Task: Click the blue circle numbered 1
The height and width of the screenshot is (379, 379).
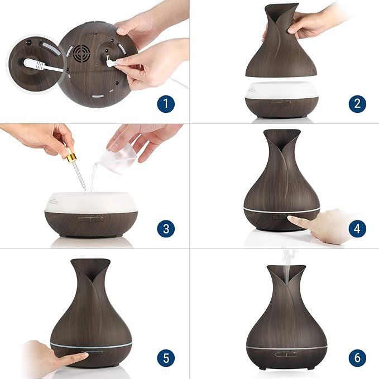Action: (166, 104)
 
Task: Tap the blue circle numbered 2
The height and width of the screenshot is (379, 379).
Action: (357, 104)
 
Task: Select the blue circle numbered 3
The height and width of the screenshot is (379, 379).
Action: (166, 228)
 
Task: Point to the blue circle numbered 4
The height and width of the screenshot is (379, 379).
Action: (357, 228)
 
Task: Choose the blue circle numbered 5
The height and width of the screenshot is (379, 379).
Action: (166, 358)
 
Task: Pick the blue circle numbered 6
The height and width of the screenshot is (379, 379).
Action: (357, 358)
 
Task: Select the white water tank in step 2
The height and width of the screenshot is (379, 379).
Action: (281, 91)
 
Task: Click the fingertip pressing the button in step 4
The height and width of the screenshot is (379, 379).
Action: (291, 218)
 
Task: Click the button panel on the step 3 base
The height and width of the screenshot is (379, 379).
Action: (90, 219)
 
